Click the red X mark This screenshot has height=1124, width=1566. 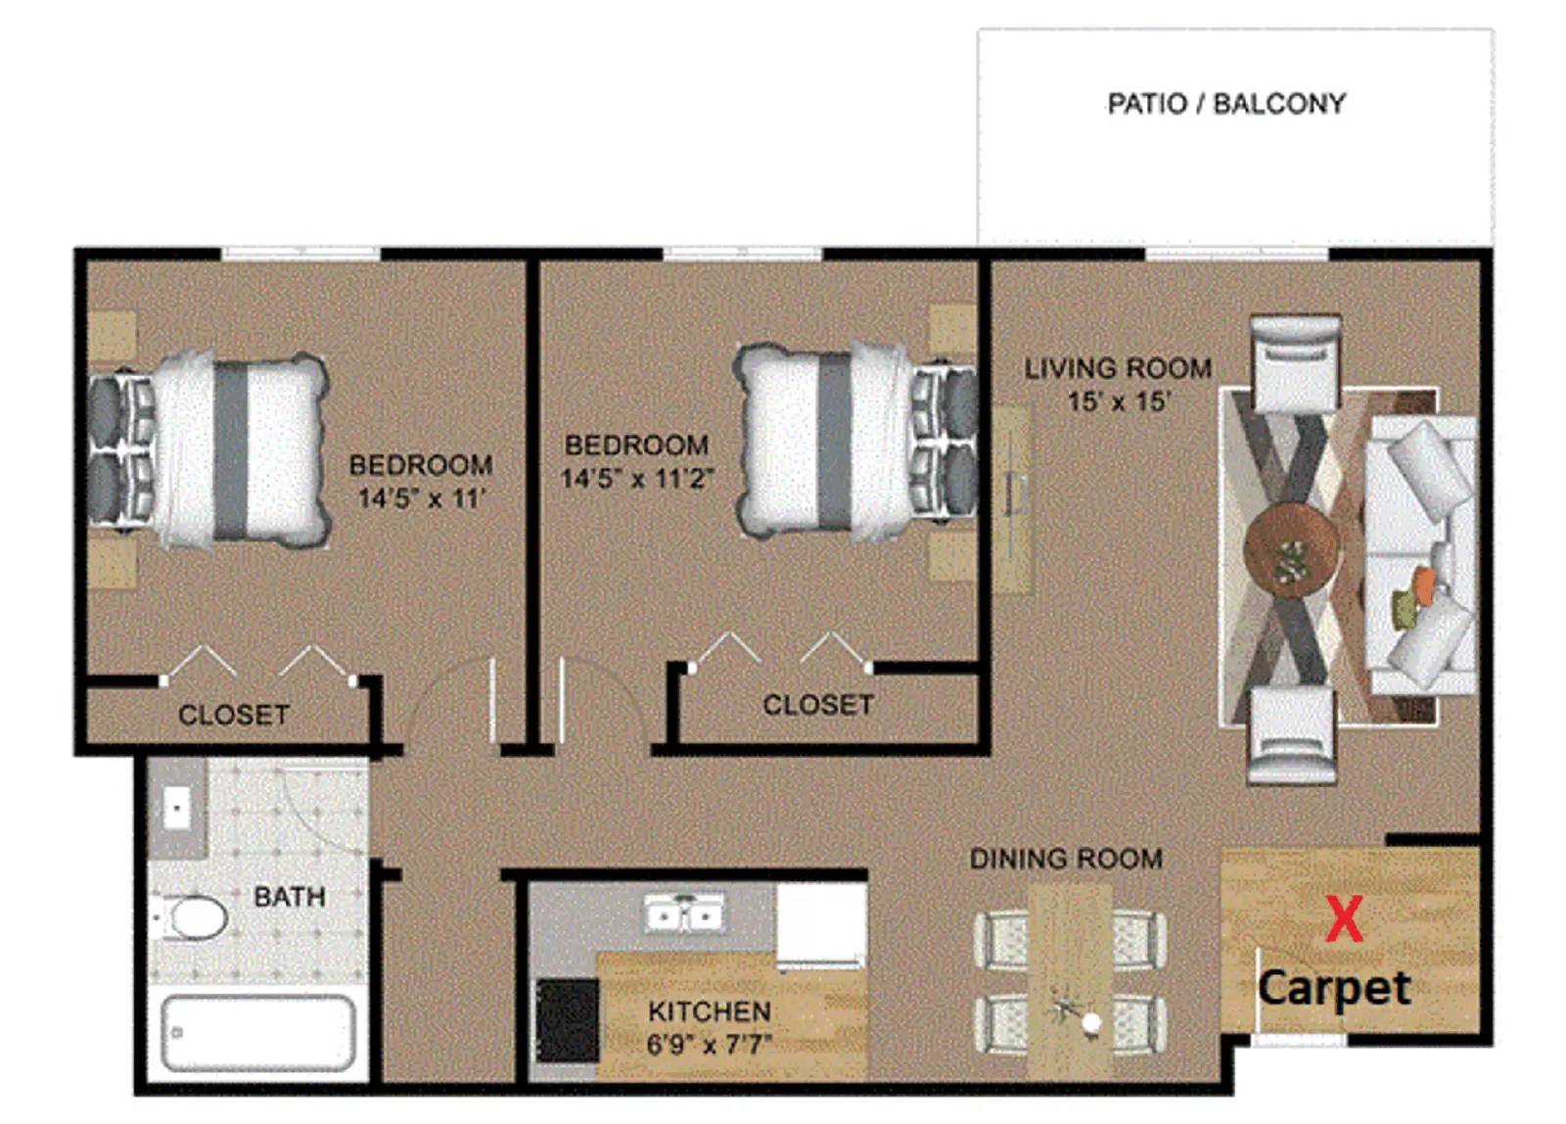(x=1345, y=918)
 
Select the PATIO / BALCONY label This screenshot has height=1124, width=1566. (x=1226, y=104)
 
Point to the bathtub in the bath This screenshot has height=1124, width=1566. (x=258, y=1033)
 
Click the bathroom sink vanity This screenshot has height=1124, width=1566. (x=177, y=810)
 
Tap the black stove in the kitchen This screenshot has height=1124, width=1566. (x=567, y=1020)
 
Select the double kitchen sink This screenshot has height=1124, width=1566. (x=684, y=913)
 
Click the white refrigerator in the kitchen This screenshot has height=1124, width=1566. (x=821, y=924)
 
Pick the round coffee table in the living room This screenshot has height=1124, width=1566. (x=1292, y=549)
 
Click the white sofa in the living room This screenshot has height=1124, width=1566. (x=1420, y=555)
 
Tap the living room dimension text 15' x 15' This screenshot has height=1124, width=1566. (x=1120, y=401)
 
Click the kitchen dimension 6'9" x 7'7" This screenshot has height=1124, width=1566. (x=709, y=1045)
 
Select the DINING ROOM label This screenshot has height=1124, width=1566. (x=1066, y=859)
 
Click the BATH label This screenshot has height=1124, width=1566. (x=290, y=897)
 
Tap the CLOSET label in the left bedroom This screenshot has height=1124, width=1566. (x=234, y=715)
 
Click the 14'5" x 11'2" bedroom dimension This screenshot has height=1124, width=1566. (x=637, y=479)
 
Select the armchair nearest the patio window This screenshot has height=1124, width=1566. (x=1296, y=362)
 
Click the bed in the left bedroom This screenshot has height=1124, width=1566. (x=208, y=449)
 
